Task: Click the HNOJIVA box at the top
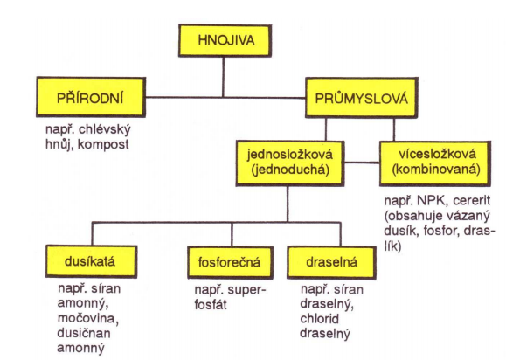point(225,41)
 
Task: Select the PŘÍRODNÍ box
point(91,97)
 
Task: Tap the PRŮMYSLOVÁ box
point(362,98)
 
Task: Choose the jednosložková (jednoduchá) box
point(290,163)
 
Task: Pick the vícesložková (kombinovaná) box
point(435,163)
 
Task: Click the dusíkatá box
point(92,261)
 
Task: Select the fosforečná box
point(230,263)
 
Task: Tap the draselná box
point(331,263)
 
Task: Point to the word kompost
point(103,144)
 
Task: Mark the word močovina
point(88,319)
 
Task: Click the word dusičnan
point(84,333)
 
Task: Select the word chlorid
point(320,319)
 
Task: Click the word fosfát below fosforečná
point(211,305)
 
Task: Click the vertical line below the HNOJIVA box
point(223,77)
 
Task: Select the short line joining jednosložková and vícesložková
point(362,163)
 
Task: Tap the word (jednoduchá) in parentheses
point(290,170)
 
